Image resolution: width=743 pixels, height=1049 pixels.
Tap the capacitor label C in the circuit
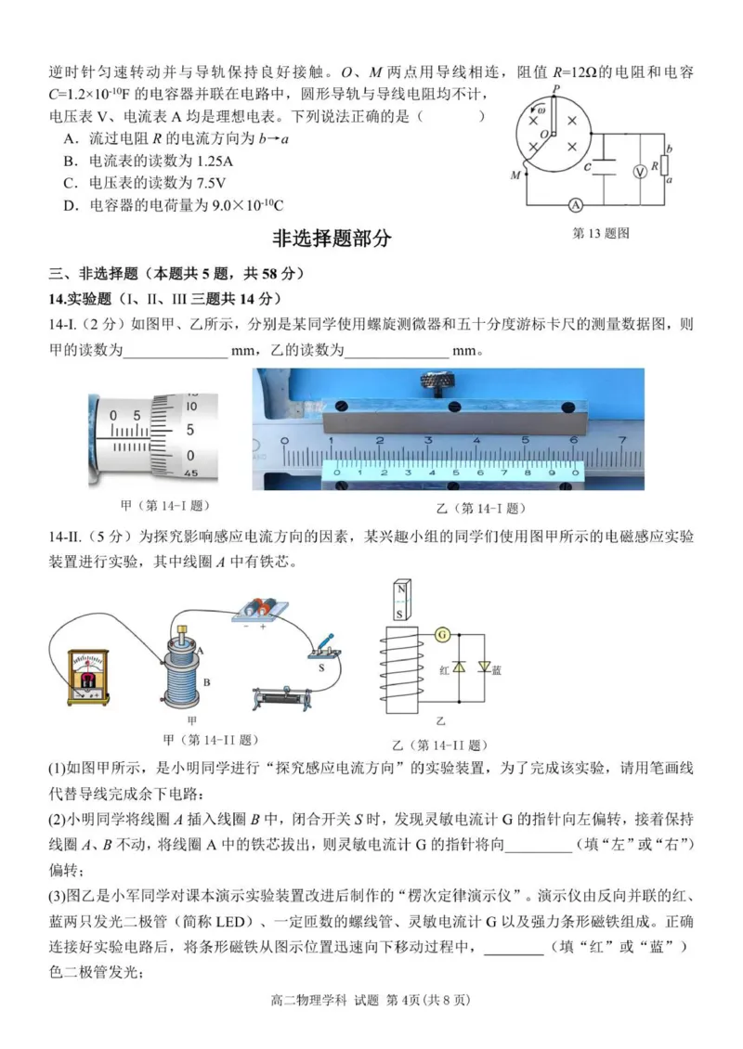point(587,166)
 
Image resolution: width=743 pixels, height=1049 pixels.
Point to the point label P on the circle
point(556,89)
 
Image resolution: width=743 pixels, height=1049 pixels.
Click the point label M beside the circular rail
point(515,175)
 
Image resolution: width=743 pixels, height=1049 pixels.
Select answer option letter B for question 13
point(70,161)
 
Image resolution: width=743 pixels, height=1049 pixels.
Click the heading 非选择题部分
point(332,239)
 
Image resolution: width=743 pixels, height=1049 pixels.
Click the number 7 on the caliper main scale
point(622,440)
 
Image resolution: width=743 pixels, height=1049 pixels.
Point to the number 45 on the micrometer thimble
point(190,473)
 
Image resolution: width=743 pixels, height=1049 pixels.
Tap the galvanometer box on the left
point(87,680)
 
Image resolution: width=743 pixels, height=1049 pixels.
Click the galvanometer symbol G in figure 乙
point(442,635)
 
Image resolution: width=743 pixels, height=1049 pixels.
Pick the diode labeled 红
point(458,667)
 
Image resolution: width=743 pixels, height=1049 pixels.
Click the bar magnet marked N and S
point(401,602)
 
